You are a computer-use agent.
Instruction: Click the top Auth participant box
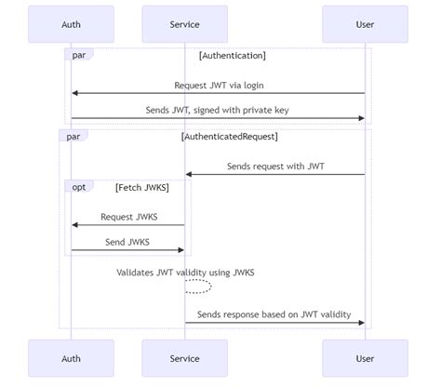point(71,24)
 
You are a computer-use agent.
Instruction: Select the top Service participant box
point(184,24)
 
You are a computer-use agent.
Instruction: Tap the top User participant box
point(365,24)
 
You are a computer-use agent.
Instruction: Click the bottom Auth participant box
point(71,358)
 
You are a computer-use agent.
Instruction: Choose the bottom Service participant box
point(184,358)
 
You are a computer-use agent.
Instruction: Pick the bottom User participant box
point(365,358)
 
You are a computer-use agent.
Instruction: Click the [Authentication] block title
point(232,56)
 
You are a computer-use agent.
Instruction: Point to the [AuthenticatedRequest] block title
point(229,137)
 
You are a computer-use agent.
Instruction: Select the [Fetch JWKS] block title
point(142,187)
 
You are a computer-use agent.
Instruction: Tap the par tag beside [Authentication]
point(79,56)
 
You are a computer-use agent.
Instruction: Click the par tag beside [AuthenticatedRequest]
point(73,137)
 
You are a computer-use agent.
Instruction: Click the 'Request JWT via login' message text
point(218,85)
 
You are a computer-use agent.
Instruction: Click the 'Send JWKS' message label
point(127,242)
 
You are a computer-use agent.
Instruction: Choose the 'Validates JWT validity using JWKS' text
point(185,273)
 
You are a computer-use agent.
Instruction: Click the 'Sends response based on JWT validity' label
point(274,314)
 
